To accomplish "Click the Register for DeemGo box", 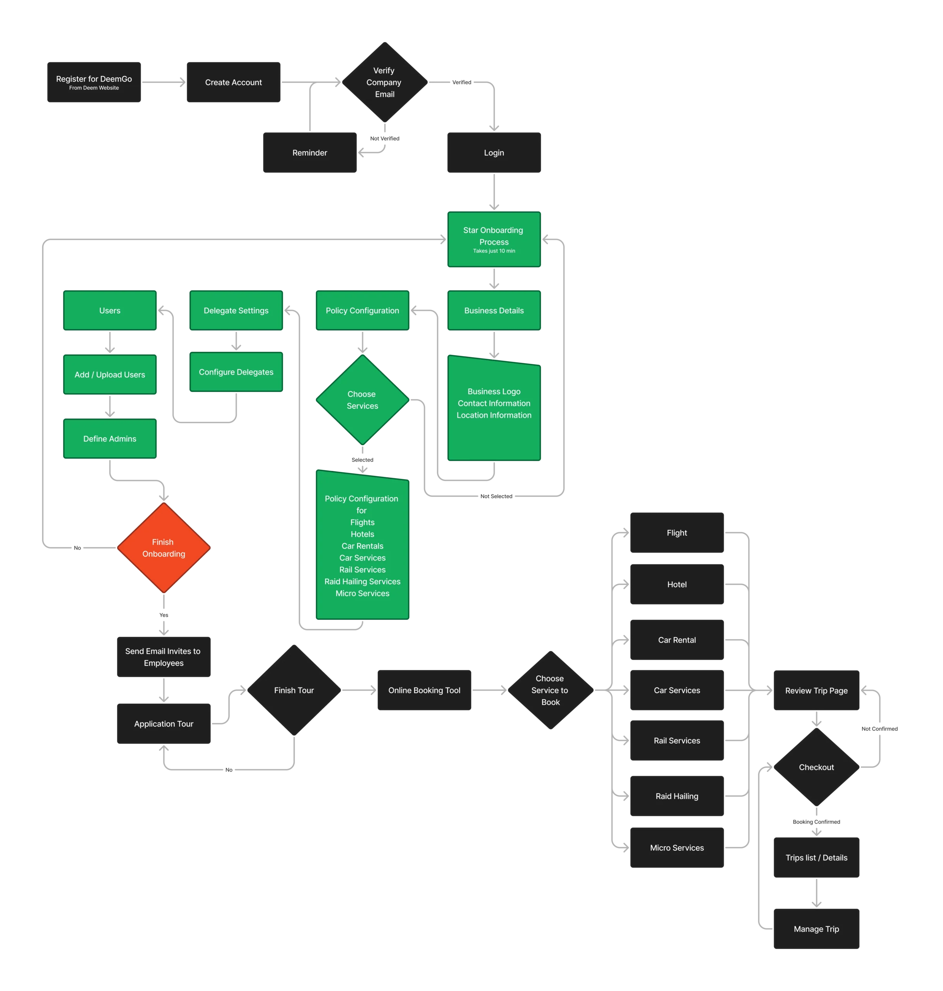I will pos(94,83).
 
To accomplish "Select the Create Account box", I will pos(233,82).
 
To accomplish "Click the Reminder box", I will pos(310,153).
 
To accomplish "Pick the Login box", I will pos(494,153).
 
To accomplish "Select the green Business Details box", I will pos(494,310).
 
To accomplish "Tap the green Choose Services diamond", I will pos(362,400).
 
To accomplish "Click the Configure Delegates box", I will pos(236,372).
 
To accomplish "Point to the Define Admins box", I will pos(110,439).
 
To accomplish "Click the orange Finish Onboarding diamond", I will pos(163,547).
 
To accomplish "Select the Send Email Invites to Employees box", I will pos(163,657).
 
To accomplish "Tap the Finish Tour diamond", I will pos(294,690).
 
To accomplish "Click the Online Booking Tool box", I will pos(424,690).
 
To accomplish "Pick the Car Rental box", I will pos(676,640).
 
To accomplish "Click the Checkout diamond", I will pos(816,767).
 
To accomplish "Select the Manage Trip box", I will pos(816,929).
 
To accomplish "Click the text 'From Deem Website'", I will pos(94,88).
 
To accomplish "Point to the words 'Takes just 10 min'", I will pos(494,250).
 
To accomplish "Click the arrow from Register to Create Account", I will pos(164,82).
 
